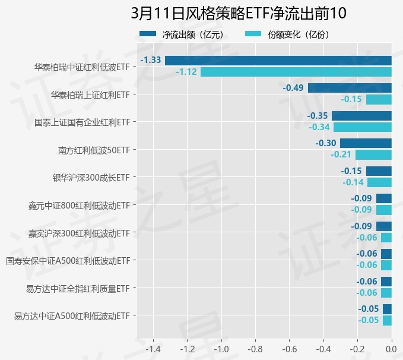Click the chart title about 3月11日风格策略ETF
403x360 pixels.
[238, 13]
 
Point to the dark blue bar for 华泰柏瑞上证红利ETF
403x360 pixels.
[350, 88]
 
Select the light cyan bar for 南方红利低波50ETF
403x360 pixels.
[373, 154]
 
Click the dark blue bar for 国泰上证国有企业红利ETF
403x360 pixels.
[361, 115]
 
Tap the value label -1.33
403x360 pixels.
[151, 60]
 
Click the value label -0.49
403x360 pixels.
[293, 88]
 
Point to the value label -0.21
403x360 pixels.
[341, 154]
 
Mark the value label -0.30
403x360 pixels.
[326, 143]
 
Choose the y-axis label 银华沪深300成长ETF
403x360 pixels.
[91, 177]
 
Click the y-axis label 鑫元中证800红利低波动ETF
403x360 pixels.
[79, 205]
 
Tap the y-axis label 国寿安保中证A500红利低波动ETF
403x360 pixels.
[68, 260]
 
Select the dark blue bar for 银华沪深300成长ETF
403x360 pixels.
[379, 171]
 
